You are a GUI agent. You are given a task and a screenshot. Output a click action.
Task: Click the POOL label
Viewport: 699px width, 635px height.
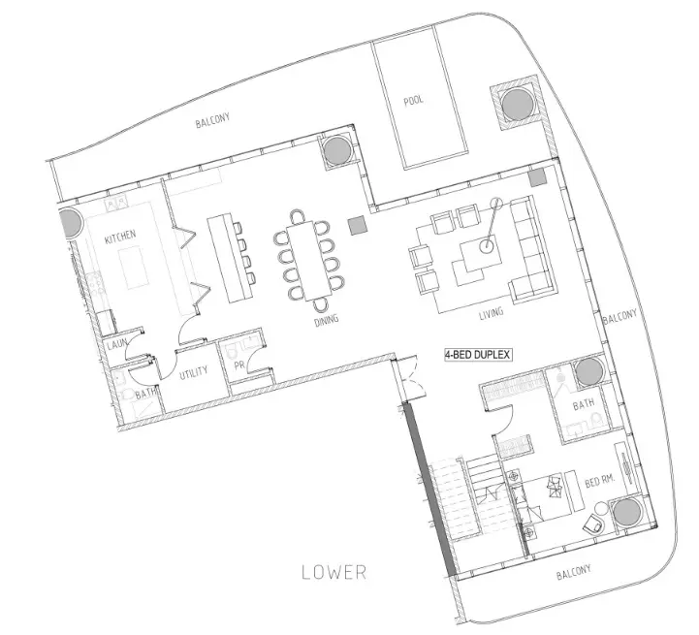[x=414, y=100]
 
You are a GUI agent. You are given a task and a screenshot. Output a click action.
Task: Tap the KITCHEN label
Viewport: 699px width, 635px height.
[x=120, y=237]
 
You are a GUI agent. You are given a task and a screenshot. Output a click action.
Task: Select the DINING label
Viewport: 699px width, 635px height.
[x=327, y=320]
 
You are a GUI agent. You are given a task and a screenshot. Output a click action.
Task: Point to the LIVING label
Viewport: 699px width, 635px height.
[x=491, y=313]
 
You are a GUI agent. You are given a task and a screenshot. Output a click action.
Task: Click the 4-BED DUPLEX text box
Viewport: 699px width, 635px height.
[x=477, y=355]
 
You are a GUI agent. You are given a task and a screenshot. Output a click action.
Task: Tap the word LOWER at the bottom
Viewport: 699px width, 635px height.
[x=334, y=572]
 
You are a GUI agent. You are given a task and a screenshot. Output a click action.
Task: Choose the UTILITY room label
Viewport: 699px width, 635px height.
[x=194, y=373]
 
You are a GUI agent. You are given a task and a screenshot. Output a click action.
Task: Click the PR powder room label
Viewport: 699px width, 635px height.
[x=239, y=365]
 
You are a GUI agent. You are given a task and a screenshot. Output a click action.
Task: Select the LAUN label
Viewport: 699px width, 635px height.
[x=116, y=344]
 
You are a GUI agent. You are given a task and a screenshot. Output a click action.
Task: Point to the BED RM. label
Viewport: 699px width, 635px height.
[x=599, y=482]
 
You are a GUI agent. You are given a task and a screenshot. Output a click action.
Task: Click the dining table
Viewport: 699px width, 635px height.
[x=310, y=261]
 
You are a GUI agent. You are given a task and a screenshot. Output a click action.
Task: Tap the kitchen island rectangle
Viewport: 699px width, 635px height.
[x=132, y=269]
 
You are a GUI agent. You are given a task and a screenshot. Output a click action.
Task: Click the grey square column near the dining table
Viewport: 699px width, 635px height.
[x=358, y=226]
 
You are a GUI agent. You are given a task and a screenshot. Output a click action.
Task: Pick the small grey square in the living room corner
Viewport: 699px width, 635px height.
[x=538, y=178]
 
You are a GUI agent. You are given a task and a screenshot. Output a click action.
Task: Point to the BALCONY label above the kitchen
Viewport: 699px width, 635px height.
[x=212, y=120]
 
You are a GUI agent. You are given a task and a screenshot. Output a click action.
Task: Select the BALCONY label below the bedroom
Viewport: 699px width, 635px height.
[x=574, y=572]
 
